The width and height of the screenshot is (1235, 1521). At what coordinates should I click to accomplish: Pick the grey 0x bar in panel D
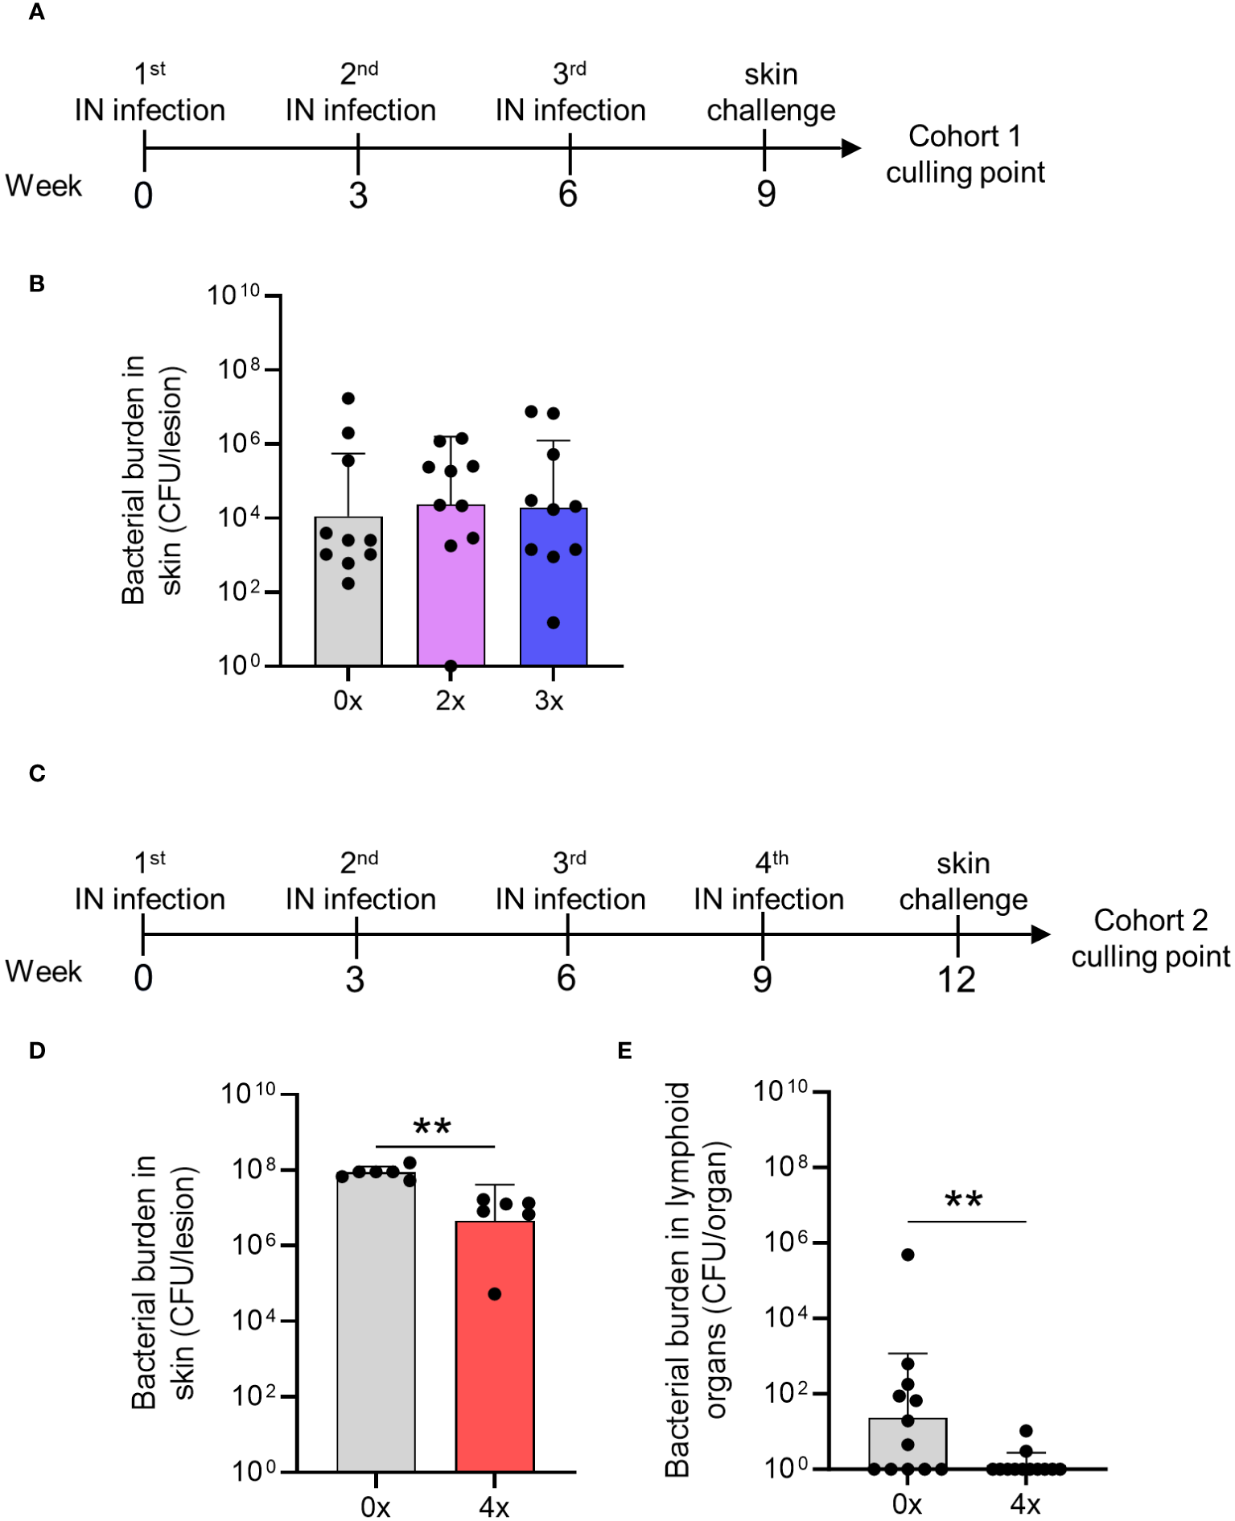[x=376, y=1328]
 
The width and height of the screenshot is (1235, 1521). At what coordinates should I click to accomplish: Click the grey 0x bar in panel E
[x=908, y=1445]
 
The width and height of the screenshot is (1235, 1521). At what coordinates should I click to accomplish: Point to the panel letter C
[x=37, y=773]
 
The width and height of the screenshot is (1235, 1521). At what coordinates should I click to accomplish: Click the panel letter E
[x=624, y=1050]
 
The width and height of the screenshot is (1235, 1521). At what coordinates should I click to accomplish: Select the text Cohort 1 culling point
[x=965, y=154]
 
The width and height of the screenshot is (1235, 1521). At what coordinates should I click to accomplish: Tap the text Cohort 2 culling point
[x=1150, y=938]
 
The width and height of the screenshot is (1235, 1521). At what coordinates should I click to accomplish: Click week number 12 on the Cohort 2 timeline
[x=956, y=979]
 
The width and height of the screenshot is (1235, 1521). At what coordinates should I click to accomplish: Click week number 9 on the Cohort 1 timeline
[x=766, y=194]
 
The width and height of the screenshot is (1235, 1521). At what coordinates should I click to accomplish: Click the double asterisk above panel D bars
[x=432, y=1127]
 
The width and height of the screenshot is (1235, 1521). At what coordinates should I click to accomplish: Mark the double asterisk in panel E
[x=963, y=1201]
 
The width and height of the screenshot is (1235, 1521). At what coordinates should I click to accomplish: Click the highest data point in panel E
[x=908, y=1255]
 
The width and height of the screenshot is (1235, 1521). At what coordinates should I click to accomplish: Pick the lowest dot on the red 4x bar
[x=495, y=1294]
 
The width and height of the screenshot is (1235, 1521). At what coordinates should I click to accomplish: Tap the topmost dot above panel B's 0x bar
[x=348, y=398]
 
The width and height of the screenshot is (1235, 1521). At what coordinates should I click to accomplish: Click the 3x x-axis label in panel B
[x=549, y=701]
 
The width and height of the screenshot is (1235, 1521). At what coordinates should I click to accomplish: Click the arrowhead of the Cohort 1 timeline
[x=851, y=148]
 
